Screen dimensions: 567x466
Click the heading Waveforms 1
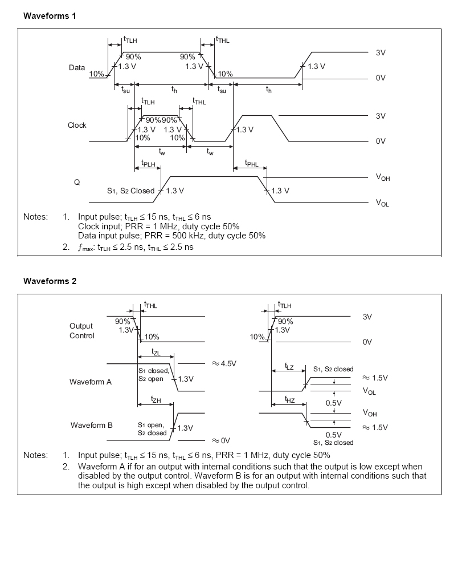pos(50,16)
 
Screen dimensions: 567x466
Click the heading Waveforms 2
pos(50,281)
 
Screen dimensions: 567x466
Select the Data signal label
pos(77,67)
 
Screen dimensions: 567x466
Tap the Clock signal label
pos(77,125)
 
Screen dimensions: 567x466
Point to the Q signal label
pos(77,182)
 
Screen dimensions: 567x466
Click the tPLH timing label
pos(148,164)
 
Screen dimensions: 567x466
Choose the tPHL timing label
pos(251,164)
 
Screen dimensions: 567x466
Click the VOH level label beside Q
pos(383,178)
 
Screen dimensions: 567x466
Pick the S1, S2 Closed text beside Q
pos(130,191)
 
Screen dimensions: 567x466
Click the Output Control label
pos(81,331)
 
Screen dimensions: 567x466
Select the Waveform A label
pos(91,382)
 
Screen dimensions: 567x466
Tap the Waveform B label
pos(91,425)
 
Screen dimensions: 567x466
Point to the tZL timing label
pos(156,353)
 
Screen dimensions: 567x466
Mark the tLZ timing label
pos(289,367)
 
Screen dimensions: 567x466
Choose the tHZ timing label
pos(290,400)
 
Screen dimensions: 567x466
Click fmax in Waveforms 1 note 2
pos(87,248)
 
